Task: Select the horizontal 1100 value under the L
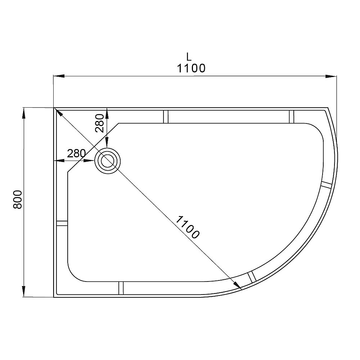click(x=191, y=68)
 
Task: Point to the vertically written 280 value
click(x=100, y=123)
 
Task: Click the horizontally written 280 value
click(x=76, y=153)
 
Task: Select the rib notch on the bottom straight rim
click(x=121, y=288)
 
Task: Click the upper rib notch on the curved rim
click(x=326, y=185)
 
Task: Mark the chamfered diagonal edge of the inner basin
click(x=93, y=148)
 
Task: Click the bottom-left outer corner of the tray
click(x=54, y=297)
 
